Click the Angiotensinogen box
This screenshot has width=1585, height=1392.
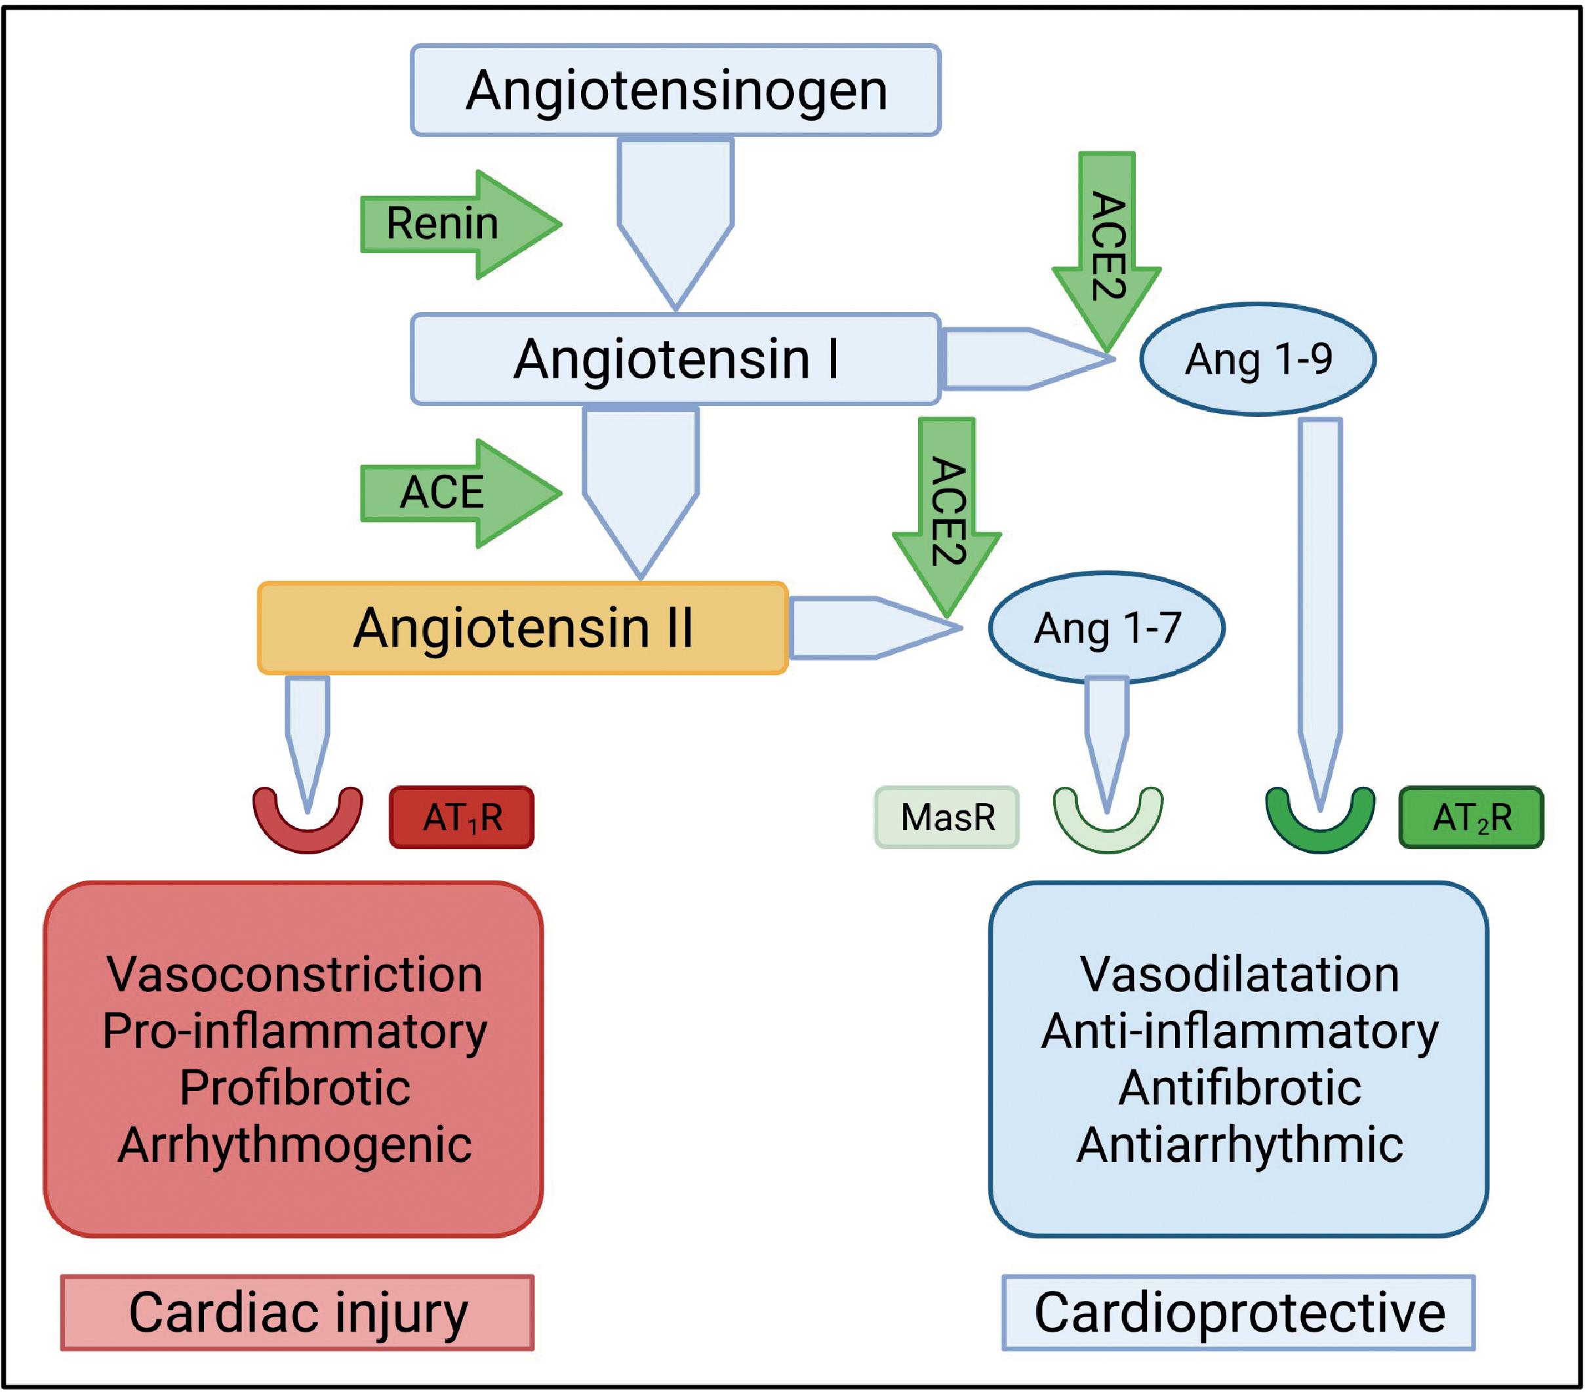(x=675, y=90)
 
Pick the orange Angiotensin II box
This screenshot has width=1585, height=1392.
(x=523, y=627)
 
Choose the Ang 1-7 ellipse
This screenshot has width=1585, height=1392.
(x=1106, y=627)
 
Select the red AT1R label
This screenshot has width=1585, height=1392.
(x=462, y=818)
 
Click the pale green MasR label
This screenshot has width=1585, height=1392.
(x=947, y=818)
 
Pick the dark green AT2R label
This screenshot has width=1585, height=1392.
(x=1471, y=818)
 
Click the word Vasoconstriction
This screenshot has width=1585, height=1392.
(x=294, y=974)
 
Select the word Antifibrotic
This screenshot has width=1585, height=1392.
(x=1239, y=1087)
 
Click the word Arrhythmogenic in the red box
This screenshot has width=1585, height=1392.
(x=294, y=1145)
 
